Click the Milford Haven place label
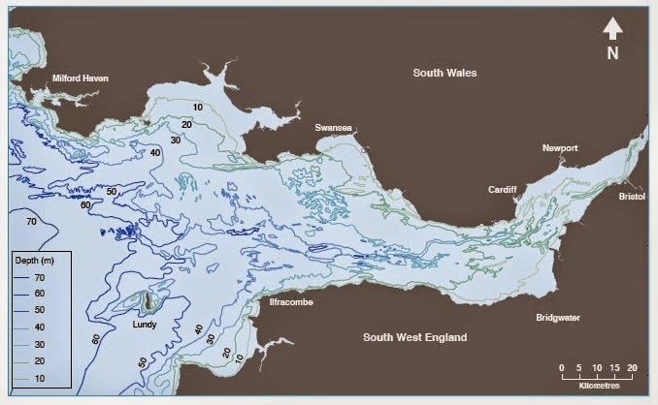(80, 78)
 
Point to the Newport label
(560, 148)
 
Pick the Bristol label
(632, 196)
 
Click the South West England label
(414, 337)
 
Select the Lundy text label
(145, 326)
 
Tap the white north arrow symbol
(612, 29)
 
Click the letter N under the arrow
(612, 54)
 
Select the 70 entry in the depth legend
(51, 278)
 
